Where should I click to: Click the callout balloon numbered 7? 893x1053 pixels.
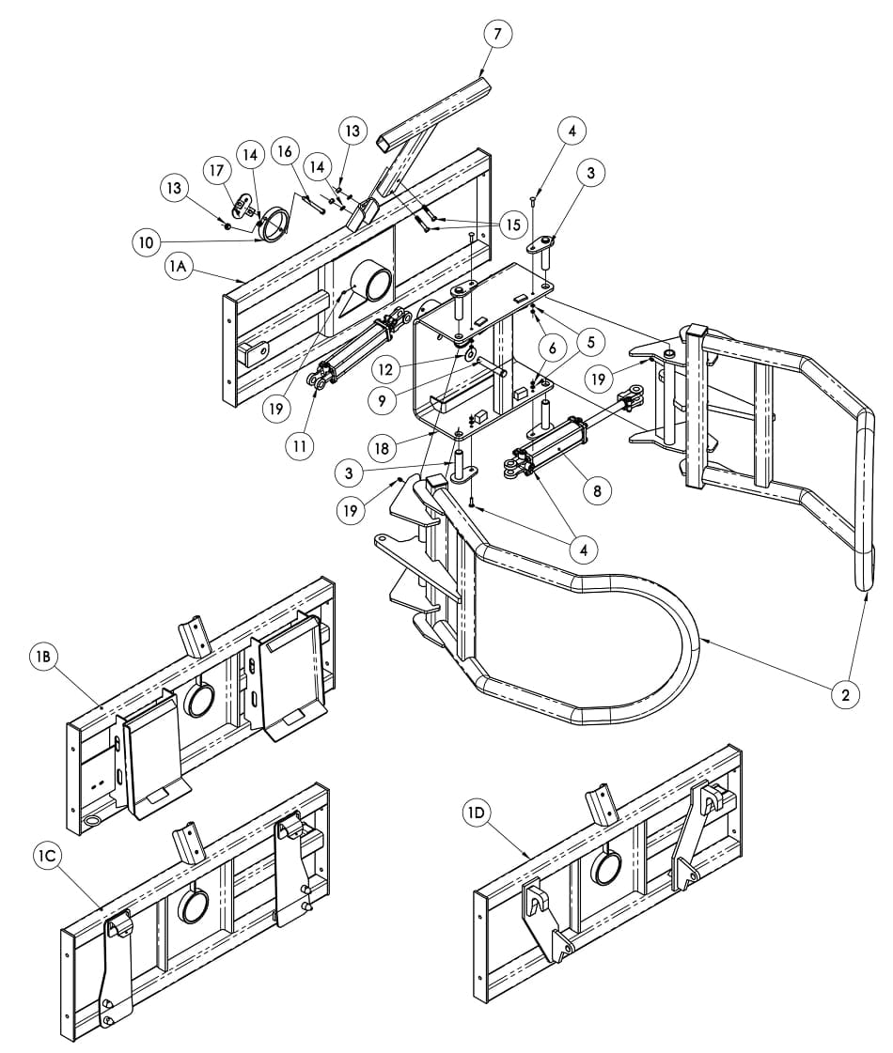497,34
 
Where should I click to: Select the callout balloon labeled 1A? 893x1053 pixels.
178,266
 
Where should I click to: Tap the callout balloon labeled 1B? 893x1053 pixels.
43,656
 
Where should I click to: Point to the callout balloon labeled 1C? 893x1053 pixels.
48,856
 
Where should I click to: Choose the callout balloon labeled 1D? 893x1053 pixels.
477,813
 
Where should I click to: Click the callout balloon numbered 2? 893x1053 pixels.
845,694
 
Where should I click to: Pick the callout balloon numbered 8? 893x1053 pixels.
597,491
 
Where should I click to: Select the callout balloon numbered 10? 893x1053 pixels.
147,242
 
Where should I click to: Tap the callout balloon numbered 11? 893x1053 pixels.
300,445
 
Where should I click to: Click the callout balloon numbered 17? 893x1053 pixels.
216,171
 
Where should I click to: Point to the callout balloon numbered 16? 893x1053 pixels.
285,152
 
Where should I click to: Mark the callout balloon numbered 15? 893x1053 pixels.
513,225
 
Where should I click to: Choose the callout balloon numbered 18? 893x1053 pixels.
382,448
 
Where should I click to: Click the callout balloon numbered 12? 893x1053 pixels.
384,369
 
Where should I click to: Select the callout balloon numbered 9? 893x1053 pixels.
383,401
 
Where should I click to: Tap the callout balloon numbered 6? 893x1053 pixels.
553,348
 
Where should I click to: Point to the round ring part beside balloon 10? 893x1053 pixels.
276,224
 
